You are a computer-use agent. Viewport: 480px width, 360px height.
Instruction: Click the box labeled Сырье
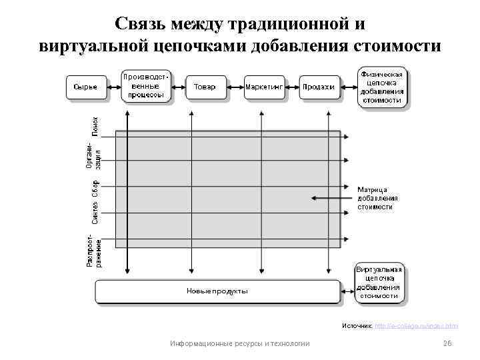[85, 87]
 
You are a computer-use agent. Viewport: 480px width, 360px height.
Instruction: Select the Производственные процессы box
[145, 86]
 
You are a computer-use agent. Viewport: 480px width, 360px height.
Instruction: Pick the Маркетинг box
[264, 87]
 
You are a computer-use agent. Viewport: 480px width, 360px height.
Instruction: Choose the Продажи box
[318, 87]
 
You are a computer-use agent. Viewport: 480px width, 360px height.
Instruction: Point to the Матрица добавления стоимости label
[378, 198]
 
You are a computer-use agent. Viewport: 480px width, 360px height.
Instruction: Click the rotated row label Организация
[94, 155]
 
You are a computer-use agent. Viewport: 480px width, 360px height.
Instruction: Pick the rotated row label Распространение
[94, 251]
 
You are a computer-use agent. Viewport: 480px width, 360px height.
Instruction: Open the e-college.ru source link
[416, 326]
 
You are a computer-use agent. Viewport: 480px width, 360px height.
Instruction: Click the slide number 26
[447, 343]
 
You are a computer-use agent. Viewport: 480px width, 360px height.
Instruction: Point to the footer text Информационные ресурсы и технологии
[239, 343]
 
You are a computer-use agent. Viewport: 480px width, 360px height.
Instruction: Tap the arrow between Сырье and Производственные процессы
[112, 87]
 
